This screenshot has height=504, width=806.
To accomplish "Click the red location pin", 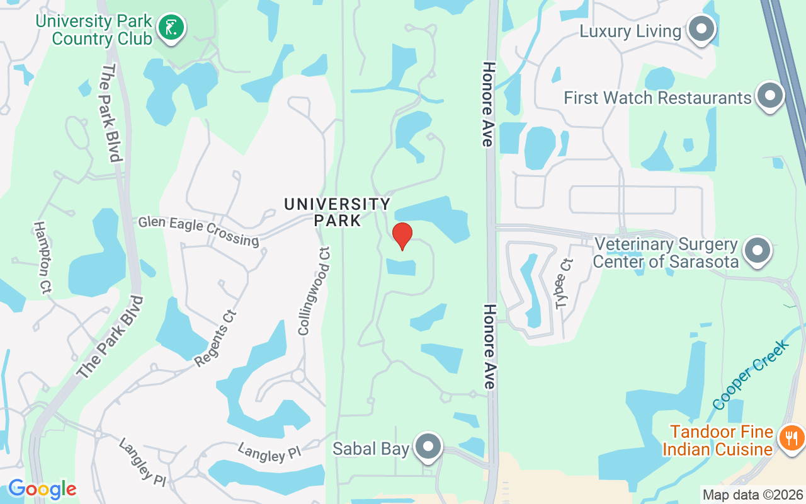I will coord(402,236).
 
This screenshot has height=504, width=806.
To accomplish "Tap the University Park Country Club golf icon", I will coord(171,27).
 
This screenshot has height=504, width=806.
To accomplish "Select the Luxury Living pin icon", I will coord(700,29).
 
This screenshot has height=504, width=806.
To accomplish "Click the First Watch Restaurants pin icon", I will coord(769,96).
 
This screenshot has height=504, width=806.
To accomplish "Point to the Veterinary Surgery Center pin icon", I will coord(758,251).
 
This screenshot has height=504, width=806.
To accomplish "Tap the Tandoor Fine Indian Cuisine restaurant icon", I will coord(790,438).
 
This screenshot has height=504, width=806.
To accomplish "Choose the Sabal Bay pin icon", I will coord(429,447).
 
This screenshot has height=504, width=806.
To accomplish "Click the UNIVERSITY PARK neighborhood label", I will coord(338,212).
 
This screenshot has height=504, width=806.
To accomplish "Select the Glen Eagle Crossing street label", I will coord(198,231).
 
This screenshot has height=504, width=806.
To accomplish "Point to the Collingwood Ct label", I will coord(314,290).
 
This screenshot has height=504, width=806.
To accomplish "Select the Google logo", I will coord(42,489).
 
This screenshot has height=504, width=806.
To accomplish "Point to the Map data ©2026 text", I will coord(752,495).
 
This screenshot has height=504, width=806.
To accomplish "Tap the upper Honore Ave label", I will coord(487,104).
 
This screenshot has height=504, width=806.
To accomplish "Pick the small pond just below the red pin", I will coord(401,267).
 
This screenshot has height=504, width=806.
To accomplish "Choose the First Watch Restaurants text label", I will coord(657,98).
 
